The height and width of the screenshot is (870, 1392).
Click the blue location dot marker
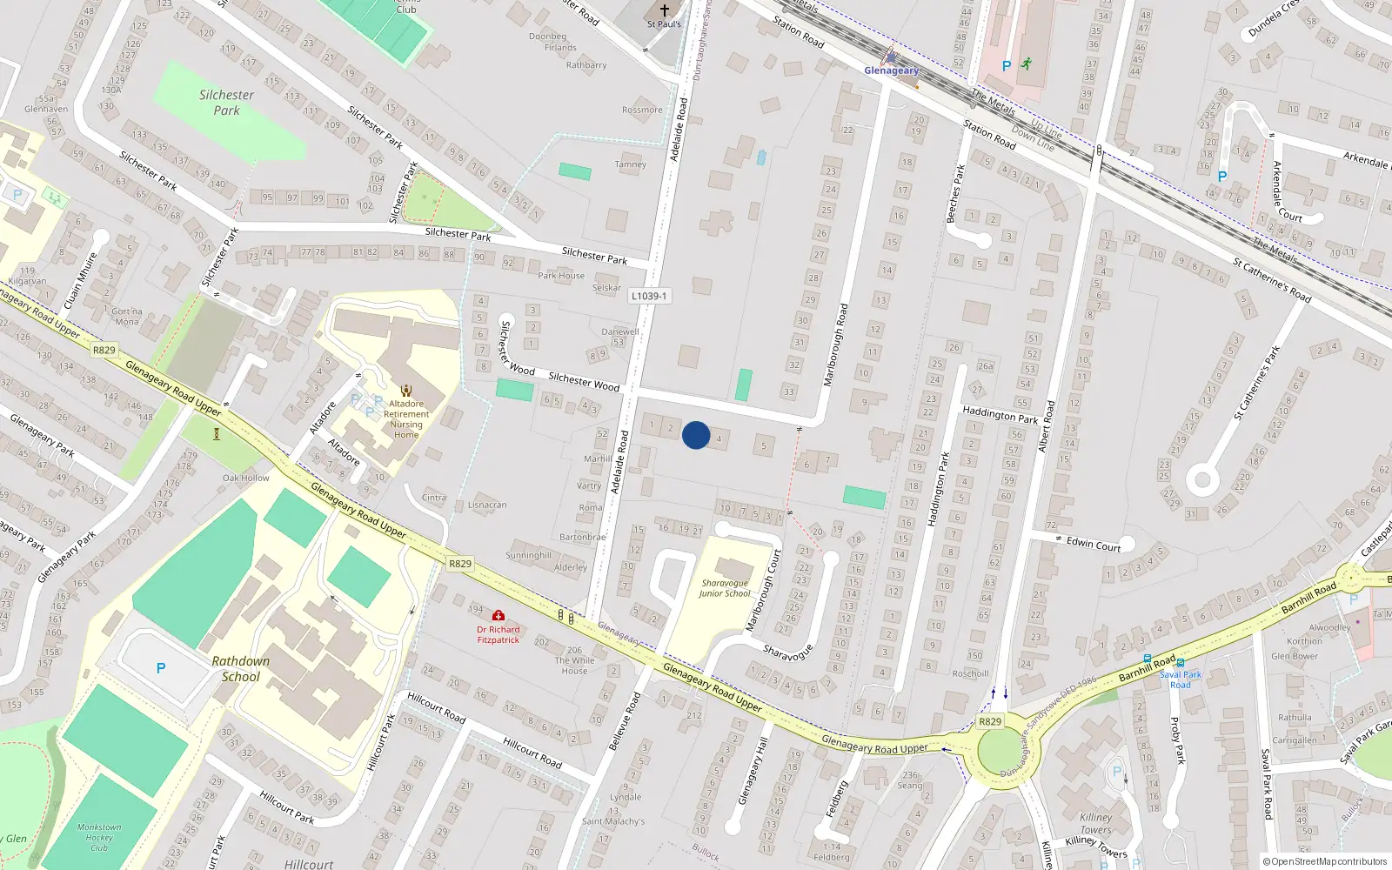pyautogui.click(x=696, y=435)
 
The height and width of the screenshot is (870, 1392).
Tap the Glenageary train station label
pyautogui.click(x=891, y=70)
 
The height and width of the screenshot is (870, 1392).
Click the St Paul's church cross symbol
pyautogui.click(x=665, y=10)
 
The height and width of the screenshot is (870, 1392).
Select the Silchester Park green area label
pyautogui.click(x=226, y=103)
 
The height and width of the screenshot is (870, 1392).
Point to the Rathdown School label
pyautogui.click(x=240, y=669)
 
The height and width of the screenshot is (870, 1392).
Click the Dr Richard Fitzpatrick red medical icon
pyautogui.click(x=499, y=615)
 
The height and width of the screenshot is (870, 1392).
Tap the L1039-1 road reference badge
pyautogui.click(x=649, y=296)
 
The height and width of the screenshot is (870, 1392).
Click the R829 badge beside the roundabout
pyautogui.click(x=990, y=721)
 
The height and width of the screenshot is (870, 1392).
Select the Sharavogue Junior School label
pyautogui.click(x=725, y=588)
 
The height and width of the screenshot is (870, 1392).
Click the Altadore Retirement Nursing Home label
pyautogui.click(x=406, y=418)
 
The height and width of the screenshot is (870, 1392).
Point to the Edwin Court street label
pyautogui.click(x=1094, y=544)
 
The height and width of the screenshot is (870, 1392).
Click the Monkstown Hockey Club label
pyautogui.click(x=99, y=837)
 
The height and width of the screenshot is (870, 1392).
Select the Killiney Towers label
pyautogui.click(x=1096, y=823)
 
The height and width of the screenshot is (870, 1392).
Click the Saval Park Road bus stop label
pyautogui.click(x=1181, y=679)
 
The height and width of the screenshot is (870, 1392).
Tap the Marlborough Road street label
pyautogui.click(x=835, y=345)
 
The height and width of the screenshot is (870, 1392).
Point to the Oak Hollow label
pyautogui.click(x=246, y=478)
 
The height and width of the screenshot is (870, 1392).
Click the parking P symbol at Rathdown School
pyautogui.click(x=161, y=668)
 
